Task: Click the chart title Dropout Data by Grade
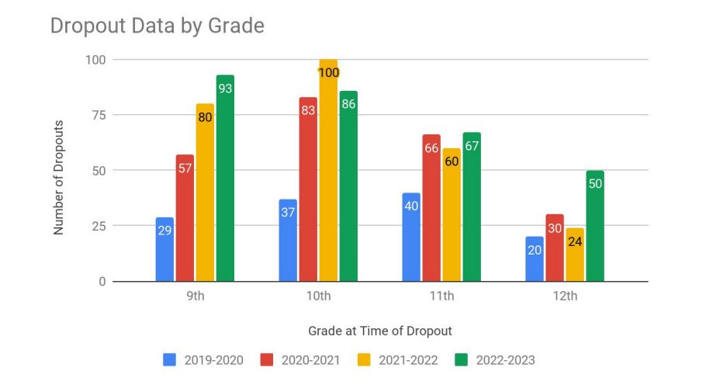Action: pyautogui.click(x=157, y=26)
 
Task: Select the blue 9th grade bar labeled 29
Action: pyautogui.click(x=164, y=250)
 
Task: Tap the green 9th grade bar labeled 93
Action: pyautogui.click(x=225, y=179)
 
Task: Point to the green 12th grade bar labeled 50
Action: pyautogui.click(x=595, y=226)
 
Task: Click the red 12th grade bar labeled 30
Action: pyautogui.click(x=555, y=248)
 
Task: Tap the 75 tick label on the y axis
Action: pyautogui.click(x=98, y=115)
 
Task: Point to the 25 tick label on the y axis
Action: pyautogui.click(x=98, y=226)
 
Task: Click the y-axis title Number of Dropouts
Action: pyautogui.click(x=58, y=176)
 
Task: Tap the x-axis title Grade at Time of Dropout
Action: pyautogui.click(x=379, y=331)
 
